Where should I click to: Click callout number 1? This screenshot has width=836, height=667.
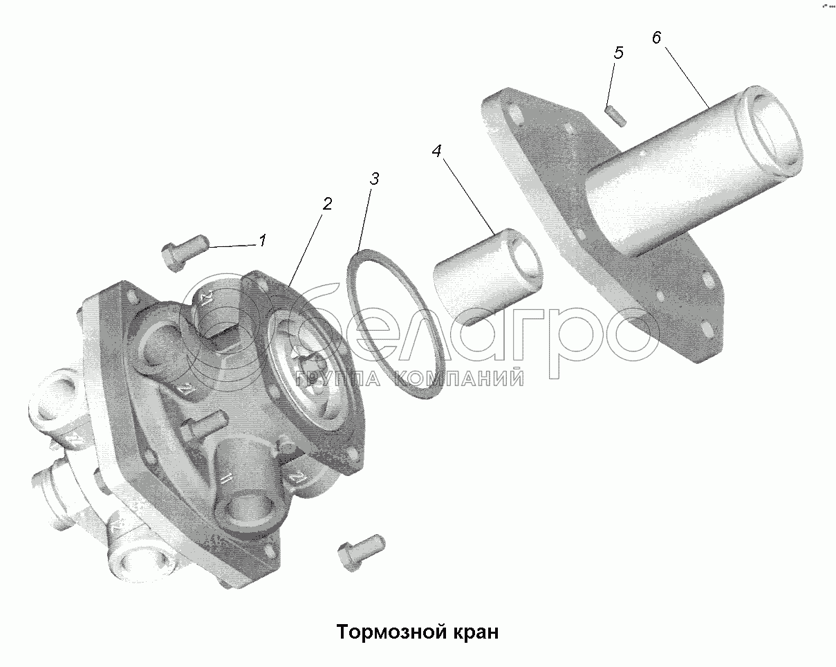tap(263, 241)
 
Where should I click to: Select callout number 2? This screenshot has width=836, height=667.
tap(327, 204)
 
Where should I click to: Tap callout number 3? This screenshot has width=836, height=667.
tap(374, 179)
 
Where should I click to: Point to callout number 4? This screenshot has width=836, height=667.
tap(436, 152)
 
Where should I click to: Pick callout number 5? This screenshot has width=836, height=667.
tap(618, 53)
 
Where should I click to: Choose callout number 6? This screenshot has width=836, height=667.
tap(656, 37)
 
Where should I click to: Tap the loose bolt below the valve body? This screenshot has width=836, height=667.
tap(361, 552)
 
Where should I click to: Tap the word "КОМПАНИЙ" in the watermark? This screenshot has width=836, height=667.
tap(458, 378)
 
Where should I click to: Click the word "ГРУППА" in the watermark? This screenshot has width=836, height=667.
tap(337, 378)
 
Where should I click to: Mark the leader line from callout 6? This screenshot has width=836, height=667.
tap(687, 77)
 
